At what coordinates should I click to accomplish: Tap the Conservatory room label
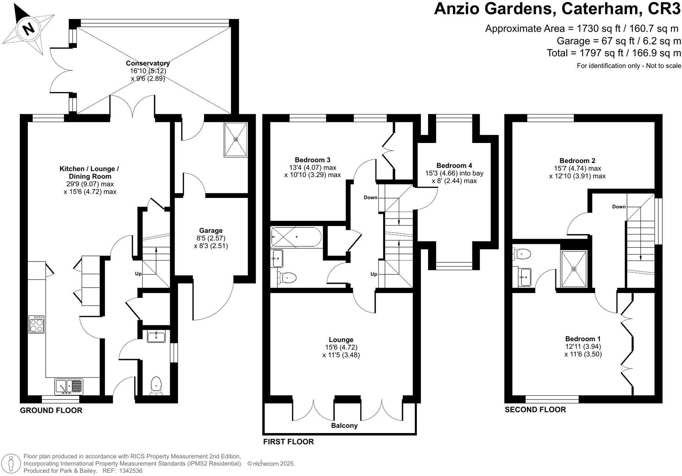pos(148,63)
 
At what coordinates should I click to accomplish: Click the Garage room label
pos(211,231)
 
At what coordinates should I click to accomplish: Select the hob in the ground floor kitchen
pos(36,324)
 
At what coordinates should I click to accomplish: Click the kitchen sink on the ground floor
pos(69,387)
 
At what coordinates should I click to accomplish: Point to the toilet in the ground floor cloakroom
pos(156,385)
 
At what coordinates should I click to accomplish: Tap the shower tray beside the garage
pos(236,139)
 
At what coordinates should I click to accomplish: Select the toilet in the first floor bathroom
pos(287,278)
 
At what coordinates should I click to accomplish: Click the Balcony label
pos(344,426)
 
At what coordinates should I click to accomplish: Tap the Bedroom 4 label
pos(454,165)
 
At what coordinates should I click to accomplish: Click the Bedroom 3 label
pos(312,160)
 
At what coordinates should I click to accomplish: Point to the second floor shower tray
pos(574,269)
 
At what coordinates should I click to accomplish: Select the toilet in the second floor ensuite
pos(522,253)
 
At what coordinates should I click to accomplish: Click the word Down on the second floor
pos(619,207)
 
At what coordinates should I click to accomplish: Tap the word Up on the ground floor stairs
pos(138,274)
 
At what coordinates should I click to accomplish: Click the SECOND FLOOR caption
pos(535,409)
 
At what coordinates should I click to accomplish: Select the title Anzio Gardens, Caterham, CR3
pos(557,9)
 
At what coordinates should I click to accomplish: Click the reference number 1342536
pos(131,471)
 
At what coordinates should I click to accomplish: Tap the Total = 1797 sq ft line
pos(614,53)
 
